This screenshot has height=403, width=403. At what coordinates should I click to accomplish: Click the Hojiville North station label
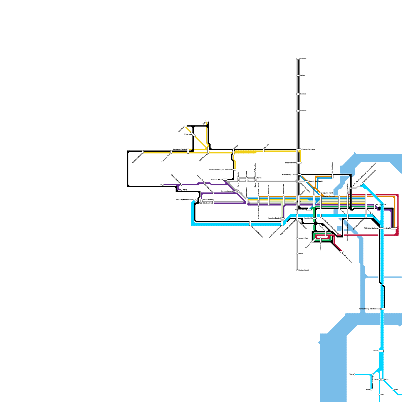(x=328, y=193)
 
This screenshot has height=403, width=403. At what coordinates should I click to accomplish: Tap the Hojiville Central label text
(x=328, y=196)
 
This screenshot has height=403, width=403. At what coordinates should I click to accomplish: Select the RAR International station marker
(x=381, y=228)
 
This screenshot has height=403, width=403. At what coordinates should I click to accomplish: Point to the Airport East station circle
(x=297, y=238)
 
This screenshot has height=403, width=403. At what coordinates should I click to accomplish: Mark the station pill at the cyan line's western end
(x=195, y=200)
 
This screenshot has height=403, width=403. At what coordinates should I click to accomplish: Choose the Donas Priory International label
(x=369, y=309)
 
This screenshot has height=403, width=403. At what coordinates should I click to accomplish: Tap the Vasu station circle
(x=354, y=375)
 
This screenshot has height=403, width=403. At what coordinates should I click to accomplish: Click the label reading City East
(x=381, y=205)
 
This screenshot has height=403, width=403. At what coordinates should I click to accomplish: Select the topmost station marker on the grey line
(x=298, y=59)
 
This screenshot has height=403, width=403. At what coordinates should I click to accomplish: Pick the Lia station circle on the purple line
(x=163, y=185)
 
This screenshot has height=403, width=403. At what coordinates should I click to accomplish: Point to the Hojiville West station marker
(x=309, y=210)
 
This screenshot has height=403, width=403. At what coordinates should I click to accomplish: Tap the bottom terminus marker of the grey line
(x=297, y=270)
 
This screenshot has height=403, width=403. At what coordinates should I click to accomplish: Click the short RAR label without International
(x=388, y=228)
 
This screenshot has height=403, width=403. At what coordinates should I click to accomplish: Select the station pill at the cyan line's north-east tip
(x=362, y=184)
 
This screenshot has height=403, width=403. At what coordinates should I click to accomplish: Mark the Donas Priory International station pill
(x=383, y=309)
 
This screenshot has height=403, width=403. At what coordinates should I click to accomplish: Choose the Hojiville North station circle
(x=321, y=193)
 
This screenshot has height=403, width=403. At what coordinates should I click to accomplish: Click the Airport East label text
(x=303, y=238)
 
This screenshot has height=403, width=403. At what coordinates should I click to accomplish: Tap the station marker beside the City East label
(x=375, y=205)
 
